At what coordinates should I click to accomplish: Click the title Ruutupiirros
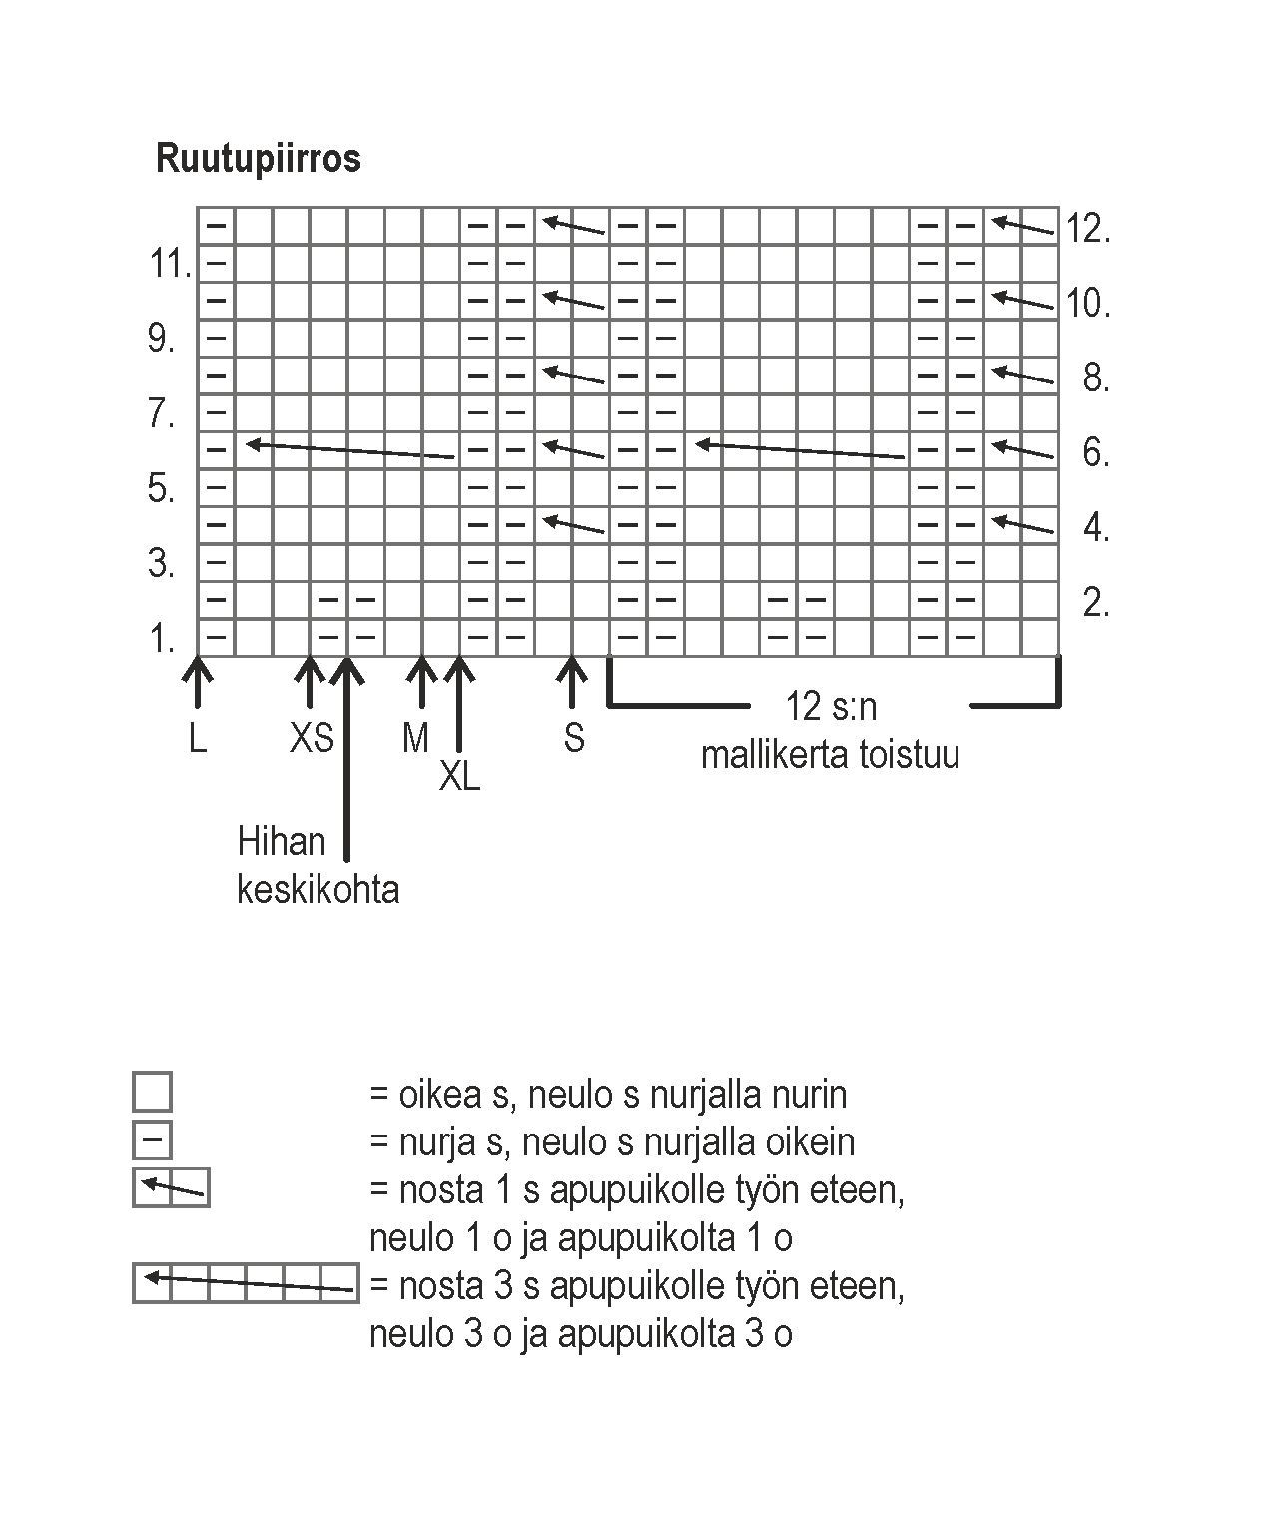click(x=258, y=158)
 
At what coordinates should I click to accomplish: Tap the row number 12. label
click(x=1088, y=229)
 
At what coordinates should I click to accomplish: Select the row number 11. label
click(x=170, y=265)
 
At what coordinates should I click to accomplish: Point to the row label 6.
click(x=1096, y=452)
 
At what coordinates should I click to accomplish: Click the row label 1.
click(x=162, y=638)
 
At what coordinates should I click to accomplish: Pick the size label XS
click(x=312, y=738)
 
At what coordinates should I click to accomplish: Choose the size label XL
click(x=460, y=776)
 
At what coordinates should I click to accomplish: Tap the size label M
click(x=415, y=738)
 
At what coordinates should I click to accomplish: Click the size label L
click(x=198, y=738)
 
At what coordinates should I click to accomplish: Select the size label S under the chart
click(x=574, y=738)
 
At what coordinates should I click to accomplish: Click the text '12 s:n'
click(x=831, y=707)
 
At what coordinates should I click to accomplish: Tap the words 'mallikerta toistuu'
click(x=830, y=754)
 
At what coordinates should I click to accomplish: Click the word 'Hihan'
click(x=282, y=842)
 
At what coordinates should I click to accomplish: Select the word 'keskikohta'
click(x=318, y=889)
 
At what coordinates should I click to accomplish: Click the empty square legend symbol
click(x=152, y=1092)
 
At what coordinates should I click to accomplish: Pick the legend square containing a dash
click(x=152, y=1139)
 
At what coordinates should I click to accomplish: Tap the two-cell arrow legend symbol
click(x=171, y=1187)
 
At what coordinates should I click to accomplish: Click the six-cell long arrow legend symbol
click(x=246, y=1282)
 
